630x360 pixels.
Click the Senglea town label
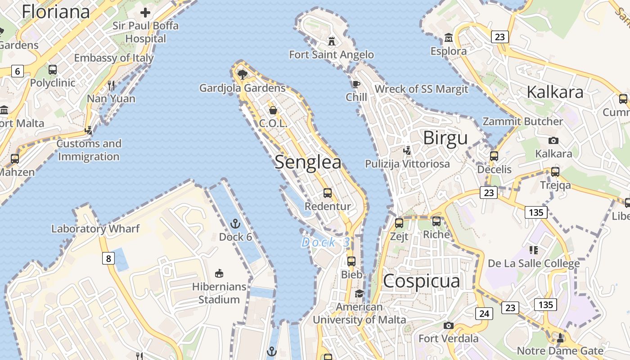[x=308, y=162]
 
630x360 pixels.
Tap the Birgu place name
[x=445, y=138]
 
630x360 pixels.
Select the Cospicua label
[x=422, y=281]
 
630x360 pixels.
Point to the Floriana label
[x=56, y=12]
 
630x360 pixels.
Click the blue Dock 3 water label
[x=325, y=243]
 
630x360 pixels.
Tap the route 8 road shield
[x=108, y=258]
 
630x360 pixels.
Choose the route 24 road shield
[x=484, y=313]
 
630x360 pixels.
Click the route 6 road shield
[x=17, y=71]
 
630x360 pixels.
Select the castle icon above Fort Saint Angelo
[x=332, y=41]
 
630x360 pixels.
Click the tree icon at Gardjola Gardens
[x=243, y=74]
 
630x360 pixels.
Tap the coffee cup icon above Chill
[x=356, y=84]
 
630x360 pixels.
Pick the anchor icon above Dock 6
[x=235, y=224]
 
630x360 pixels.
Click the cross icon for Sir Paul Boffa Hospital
[x=145, y=12]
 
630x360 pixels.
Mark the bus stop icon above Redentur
[x=328, y=193]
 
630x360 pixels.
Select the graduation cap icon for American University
[x=359, y=294]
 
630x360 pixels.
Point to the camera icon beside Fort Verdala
[x=448, y=325]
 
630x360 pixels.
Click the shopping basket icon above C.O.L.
[x=273, y=110]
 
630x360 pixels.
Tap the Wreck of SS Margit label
[x=421, y=89]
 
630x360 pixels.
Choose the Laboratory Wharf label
[x=95, y=229]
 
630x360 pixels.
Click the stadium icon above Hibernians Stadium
[x=219, y=273]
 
